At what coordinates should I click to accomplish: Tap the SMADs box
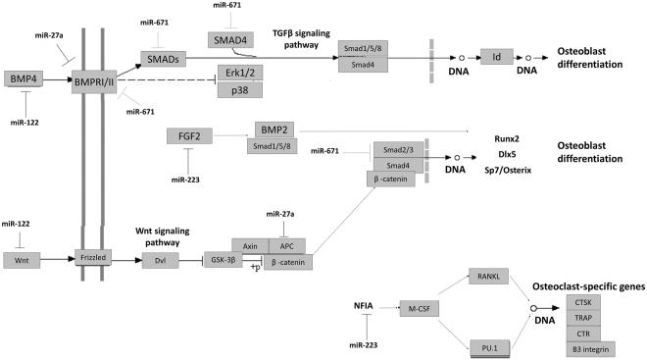[163, 60]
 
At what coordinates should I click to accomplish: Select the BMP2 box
[271, 129]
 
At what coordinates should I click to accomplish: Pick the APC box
[287, 245]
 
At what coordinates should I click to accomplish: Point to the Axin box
[249, 245]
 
